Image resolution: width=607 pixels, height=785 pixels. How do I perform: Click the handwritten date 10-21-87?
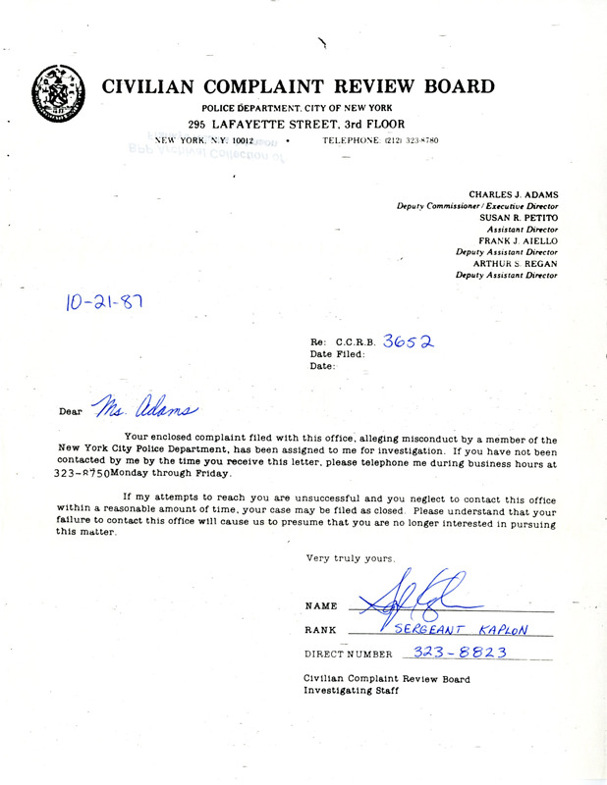click(105, 300)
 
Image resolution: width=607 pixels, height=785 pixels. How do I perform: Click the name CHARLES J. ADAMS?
click(513, 194)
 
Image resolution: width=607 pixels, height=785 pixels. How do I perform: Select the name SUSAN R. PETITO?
click(518, 217)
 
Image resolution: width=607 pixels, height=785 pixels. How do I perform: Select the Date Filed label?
click(337, 353)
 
